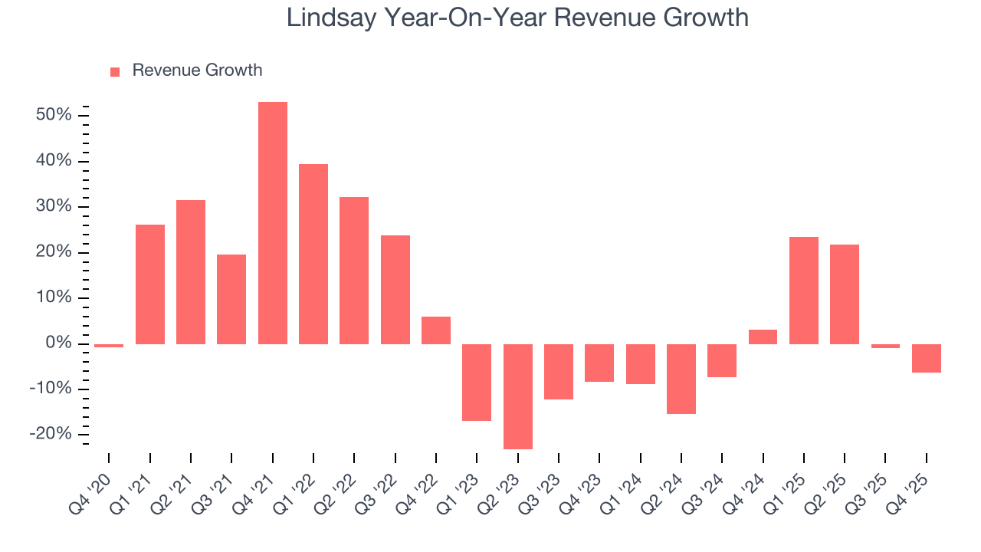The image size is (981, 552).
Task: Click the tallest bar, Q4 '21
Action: tap(273, 222)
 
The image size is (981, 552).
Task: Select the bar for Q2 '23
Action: tap(518, 396)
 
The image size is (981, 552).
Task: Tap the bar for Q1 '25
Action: tap(804, 290)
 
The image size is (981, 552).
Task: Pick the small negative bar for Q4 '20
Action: tap(109, 346)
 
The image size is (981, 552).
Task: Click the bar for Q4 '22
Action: tap(436, 330)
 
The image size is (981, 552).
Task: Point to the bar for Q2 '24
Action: tap(681, 379)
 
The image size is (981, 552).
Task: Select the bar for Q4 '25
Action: tap(927, 358)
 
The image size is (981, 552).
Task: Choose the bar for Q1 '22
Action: tap(313, 254)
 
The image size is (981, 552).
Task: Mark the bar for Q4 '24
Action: tap(763, 337)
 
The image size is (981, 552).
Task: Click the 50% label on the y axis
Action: tap(53, 115)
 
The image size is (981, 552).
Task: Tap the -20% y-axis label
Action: tap(50, 434)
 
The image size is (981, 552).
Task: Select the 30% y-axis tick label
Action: tap(53, 206)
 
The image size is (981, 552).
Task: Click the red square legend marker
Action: tap(115, 71)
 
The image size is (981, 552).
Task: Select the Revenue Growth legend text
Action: tap(197, 71)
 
